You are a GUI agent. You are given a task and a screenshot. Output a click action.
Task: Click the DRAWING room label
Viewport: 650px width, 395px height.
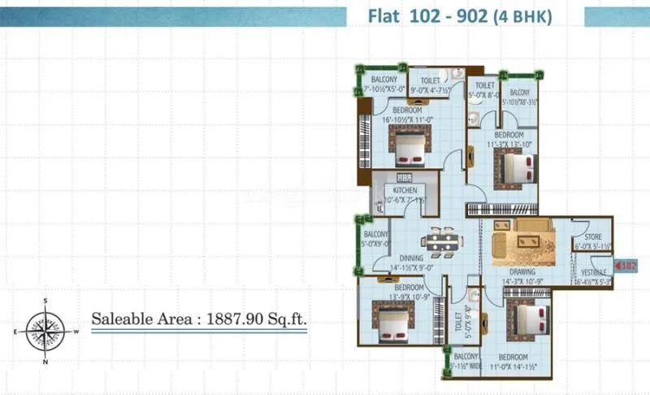522,271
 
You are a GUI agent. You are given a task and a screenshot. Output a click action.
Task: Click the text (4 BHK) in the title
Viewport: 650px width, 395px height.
526,16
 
